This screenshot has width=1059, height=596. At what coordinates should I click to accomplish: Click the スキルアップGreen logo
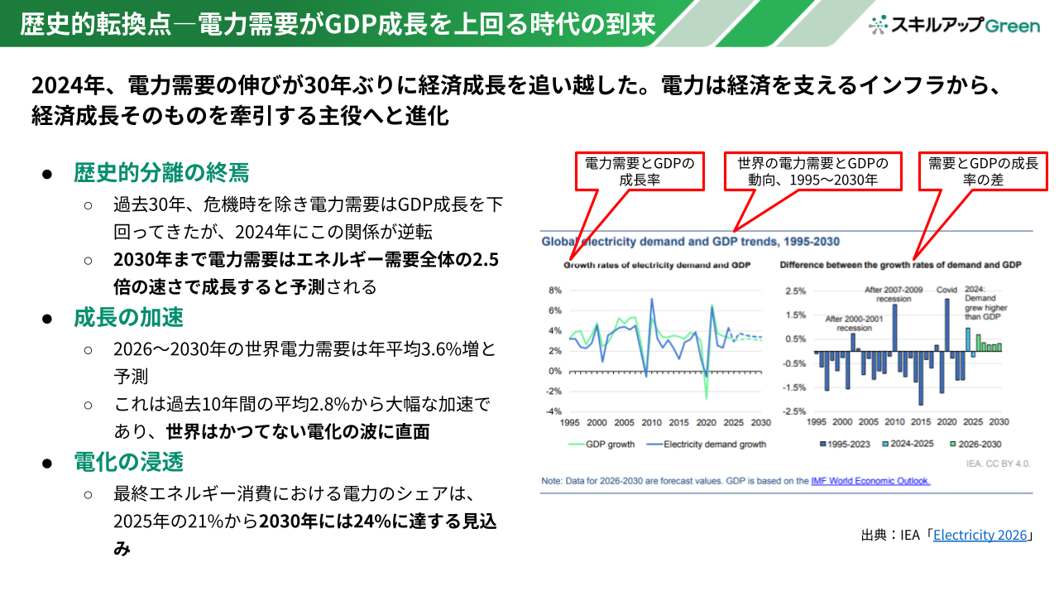(x=954, y=25)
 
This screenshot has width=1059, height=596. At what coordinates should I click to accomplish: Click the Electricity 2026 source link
(x=980, y=535)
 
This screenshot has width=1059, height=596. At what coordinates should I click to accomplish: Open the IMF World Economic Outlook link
(x=870, y=481)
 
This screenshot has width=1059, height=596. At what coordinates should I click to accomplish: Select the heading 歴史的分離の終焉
(x=161, y=172)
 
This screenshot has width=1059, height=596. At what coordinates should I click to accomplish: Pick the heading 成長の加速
(x=128, y=317)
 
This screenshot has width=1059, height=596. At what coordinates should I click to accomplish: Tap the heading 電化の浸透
(x=128, y=462)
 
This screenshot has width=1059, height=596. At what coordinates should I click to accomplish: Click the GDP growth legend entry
(x=601, y=445)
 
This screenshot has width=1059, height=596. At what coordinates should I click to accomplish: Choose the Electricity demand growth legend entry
(x=707, y=445)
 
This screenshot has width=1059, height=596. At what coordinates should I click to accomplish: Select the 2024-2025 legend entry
(x=908, y=444)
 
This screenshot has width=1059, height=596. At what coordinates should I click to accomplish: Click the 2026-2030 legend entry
(x=975, y=445)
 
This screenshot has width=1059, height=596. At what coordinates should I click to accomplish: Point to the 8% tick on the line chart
(x=555, y=291)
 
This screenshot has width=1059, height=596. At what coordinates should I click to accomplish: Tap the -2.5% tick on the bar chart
(x=795, y=411)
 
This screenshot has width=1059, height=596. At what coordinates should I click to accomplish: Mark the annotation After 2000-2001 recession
(x=854, y=324)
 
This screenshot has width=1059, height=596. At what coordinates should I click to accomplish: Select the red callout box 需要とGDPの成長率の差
(x=983, y=171)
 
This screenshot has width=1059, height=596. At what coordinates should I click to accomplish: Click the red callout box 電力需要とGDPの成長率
(x=640, y=171)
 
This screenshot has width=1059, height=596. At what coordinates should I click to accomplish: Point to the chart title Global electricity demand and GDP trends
(x=690, y=242)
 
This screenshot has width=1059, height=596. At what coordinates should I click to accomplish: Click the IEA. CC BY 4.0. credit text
(x=998, y=464)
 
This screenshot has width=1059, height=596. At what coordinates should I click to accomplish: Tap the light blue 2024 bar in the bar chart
(x=968, y=340)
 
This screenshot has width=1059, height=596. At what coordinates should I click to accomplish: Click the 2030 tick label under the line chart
(x=760, y=422)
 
